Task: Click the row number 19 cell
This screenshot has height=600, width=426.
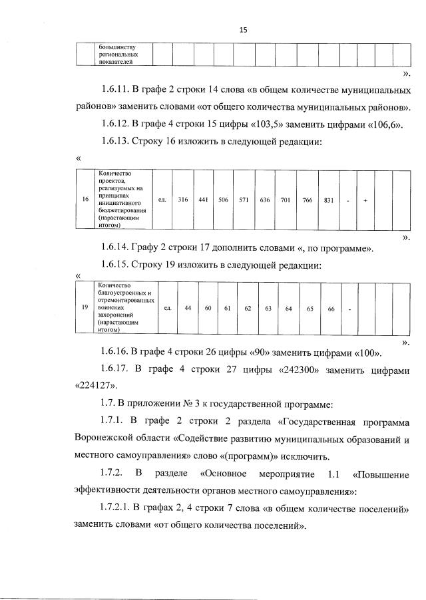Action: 85,308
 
